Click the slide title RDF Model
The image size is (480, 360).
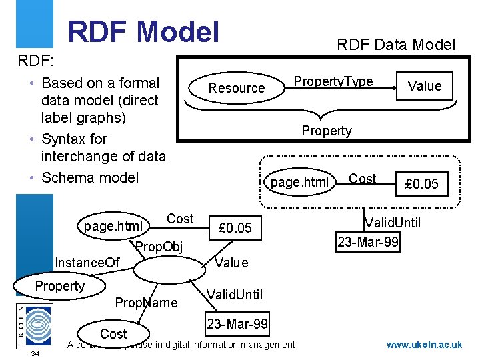(x=143, y=31)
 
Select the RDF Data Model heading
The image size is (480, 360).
(x=396, y=45)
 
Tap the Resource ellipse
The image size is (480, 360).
(x=237, y=87)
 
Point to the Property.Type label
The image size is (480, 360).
(x=333, y=81)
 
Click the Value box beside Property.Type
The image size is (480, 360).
(x=425, y=85)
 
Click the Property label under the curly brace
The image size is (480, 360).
(x=327, y=131)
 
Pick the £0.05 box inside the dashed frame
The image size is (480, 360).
(x=422, y=183)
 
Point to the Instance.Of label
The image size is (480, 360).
(x=87, y=263)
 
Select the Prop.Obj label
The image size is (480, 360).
(x=159, y=248)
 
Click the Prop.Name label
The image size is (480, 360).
(x=147, y=303)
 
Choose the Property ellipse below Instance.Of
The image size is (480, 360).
(x=59, y=286)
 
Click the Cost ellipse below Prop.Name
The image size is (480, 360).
(x=113, y=333)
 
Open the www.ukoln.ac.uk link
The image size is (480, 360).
(x=425, y=345)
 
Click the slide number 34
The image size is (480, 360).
(x=35, y=353)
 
